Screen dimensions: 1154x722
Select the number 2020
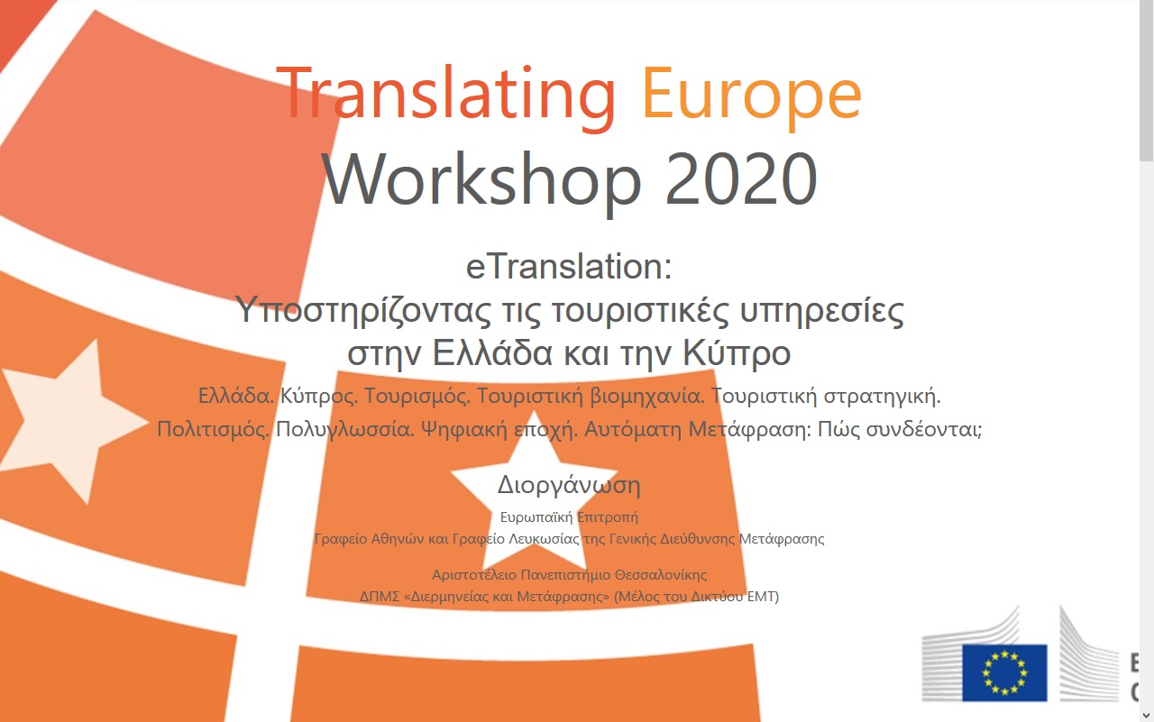pyautogui.click(x=741, y=178)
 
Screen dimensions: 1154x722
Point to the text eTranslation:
pyautogui.click(x=569, y=266)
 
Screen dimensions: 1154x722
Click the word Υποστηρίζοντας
pyautogui.click(x=362, y=311)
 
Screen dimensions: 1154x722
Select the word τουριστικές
pyautogui.click(x=640, y=311)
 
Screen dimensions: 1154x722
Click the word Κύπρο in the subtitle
pyautogui.click(x=737, y=352)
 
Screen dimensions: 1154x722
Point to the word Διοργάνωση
pyautogui.click(x=569, y=485)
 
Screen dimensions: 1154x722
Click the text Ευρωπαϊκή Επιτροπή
pyautogui.click(x=569, y=517)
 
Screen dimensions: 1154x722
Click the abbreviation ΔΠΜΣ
pyautogui.click(x=380, y=597)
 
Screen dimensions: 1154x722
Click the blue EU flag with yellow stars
pyautogui.click(x=1004, y=672)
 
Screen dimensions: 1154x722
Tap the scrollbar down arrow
pyautogui.click(x=1146, y=716)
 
